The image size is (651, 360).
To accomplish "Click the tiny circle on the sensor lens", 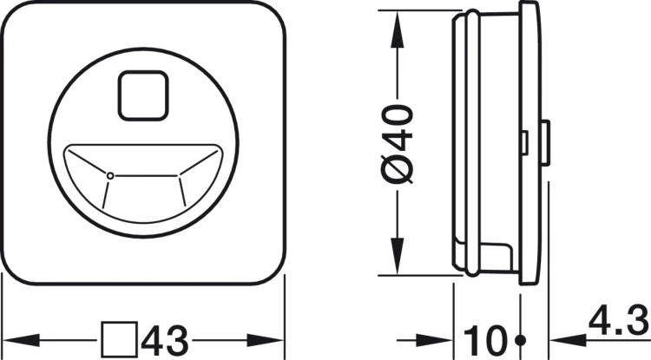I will click(x=109, y=176).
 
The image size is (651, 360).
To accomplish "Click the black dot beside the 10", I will click(x=520, y=339).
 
